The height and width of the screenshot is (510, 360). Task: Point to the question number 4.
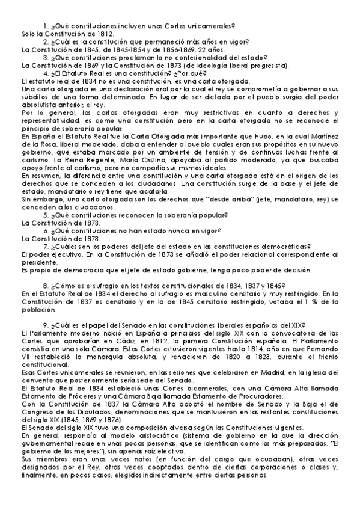(46, 73)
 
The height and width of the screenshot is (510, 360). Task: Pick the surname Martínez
(322, 136)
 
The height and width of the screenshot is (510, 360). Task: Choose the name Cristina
(204, 159)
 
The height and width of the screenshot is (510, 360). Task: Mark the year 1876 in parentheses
(115, 418)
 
